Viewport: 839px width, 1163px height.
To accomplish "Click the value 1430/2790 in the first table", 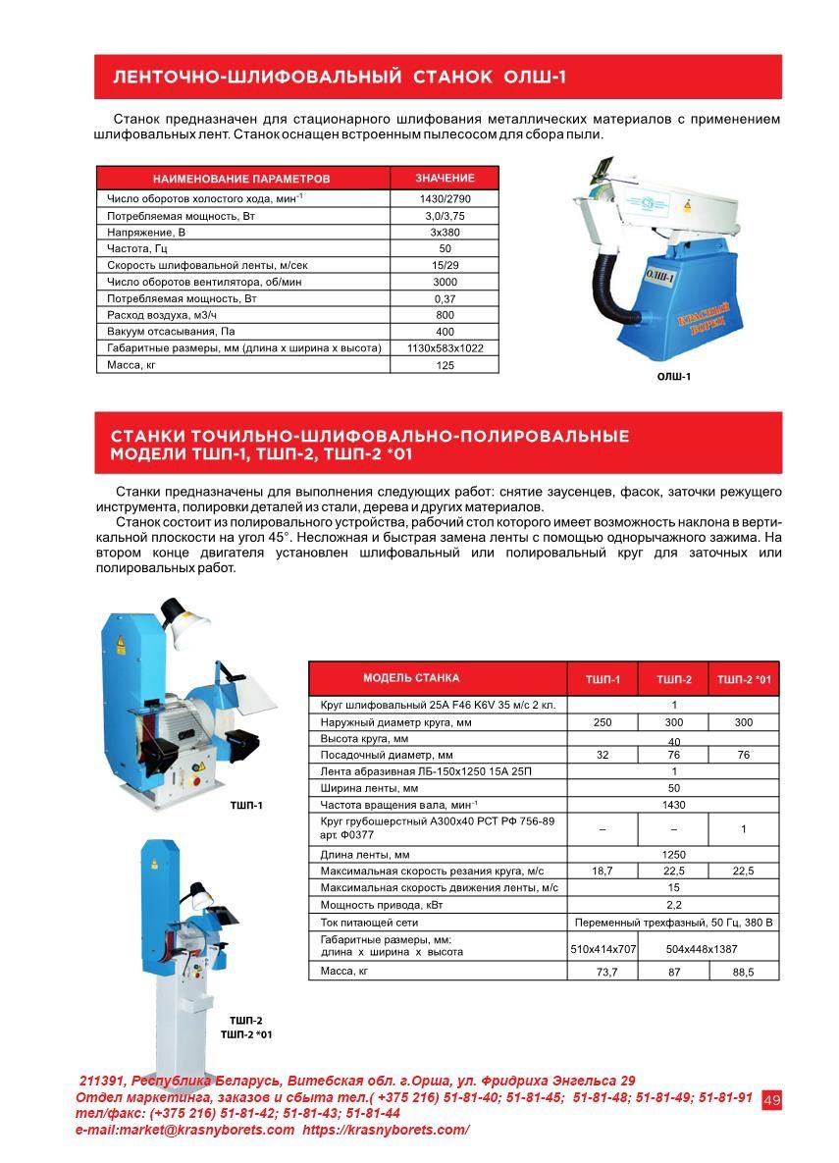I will tap(445, 198).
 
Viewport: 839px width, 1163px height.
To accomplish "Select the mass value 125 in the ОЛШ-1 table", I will tap(445, 365).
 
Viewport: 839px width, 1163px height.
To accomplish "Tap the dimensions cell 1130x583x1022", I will tap(445, 348).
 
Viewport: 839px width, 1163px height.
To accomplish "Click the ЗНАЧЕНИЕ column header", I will tap(445, 179).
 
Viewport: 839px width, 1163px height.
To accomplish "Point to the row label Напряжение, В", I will tap(146, 233).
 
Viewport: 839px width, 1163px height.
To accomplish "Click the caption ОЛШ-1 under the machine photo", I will tap(673, 376).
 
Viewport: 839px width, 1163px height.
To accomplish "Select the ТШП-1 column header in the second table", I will tap(603, 679).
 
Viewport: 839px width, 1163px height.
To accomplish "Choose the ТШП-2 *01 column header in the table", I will tap(744, 679).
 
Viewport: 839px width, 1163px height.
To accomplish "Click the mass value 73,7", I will tap(603, 972).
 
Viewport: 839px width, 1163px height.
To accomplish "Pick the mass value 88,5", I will tap(744, 972).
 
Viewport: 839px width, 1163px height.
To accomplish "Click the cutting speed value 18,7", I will tap(603, 871).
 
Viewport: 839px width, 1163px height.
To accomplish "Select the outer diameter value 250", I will tap(603, 721).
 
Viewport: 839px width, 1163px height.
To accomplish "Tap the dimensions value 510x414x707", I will tap(603, 949).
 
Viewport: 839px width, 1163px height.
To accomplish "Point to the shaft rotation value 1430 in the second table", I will tap(674, 805).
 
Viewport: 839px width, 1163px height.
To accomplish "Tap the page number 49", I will tap(771, 1100).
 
